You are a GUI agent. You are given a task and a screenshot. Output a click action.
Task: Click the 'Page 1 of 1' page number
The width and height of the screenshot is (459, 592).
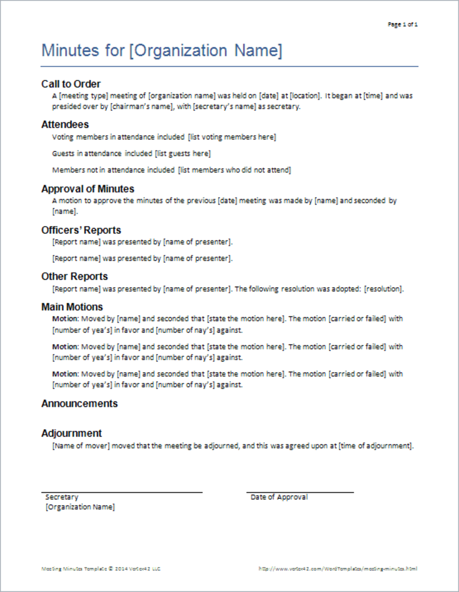tap(403, 24)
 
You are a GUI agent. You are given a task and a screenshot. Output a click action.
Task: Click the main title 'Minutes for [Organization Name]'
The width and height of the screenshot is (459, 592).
tap(162, 51)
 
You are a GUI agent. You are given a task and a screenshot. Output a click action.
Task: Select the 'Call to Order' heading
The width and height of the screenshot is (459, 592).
tap(71, 84)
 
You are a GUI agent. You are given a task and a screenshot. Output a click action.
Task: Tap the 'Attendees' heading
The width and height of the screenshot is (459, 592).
tap(65, 124)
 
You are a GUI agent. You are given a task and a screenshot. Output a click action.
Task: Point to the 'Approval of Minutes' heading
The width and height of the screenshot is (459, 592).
tap(88, 189)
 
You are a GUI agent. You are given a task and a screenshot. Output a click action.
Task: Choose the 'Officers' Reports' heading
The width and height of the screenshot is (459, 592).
tap(81, 230)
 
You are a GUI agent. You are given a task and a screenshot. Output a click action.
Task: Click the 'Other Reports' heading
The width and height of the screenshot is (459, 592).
tap(75, 276)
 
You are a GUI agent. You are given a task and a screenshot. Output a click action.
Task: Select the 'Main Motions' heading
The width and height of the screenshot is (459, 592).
tap(72, 307)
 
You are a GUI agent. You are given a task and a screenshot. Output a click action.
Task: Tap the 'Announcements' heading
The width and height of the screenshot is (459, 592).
tap(80, 404)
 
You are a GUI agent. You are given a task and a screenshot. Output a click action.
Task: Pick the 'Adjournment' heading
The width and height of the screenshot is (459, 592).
tap(72, 433)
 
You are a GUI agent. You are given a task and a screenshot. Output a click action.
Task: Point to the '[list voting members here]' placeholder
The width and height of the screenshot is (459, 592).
tap(232, 137)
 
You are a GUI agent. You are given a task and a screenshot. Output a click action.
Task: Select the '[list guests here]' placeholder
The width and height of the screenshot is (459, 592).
tap(183, 153)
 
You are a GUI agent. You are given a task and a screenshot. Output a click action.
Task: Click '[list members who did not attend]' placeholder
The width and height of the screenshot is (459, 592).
tap(235, 170)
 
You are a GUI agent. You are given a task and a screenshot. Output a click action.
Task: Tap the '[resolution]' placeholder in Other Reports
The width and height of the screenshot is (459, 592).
tap(383, 289)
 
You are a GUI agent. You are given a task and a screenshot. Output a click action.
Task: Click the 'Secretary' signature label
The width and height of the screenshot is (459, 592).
tap(62, 497)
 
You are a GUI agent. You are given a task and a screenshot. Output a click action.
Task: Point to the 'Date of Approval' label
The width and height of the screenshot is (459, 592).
tap(279, 497)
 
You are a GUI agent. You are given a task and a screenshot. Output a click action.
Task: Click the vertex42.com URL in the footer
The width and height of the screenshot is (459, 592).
tap(338, 569)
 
